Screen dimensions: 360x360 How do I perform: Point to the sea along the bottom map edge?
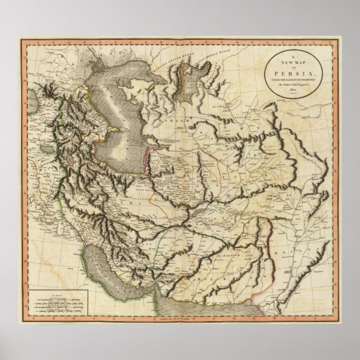224,313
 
